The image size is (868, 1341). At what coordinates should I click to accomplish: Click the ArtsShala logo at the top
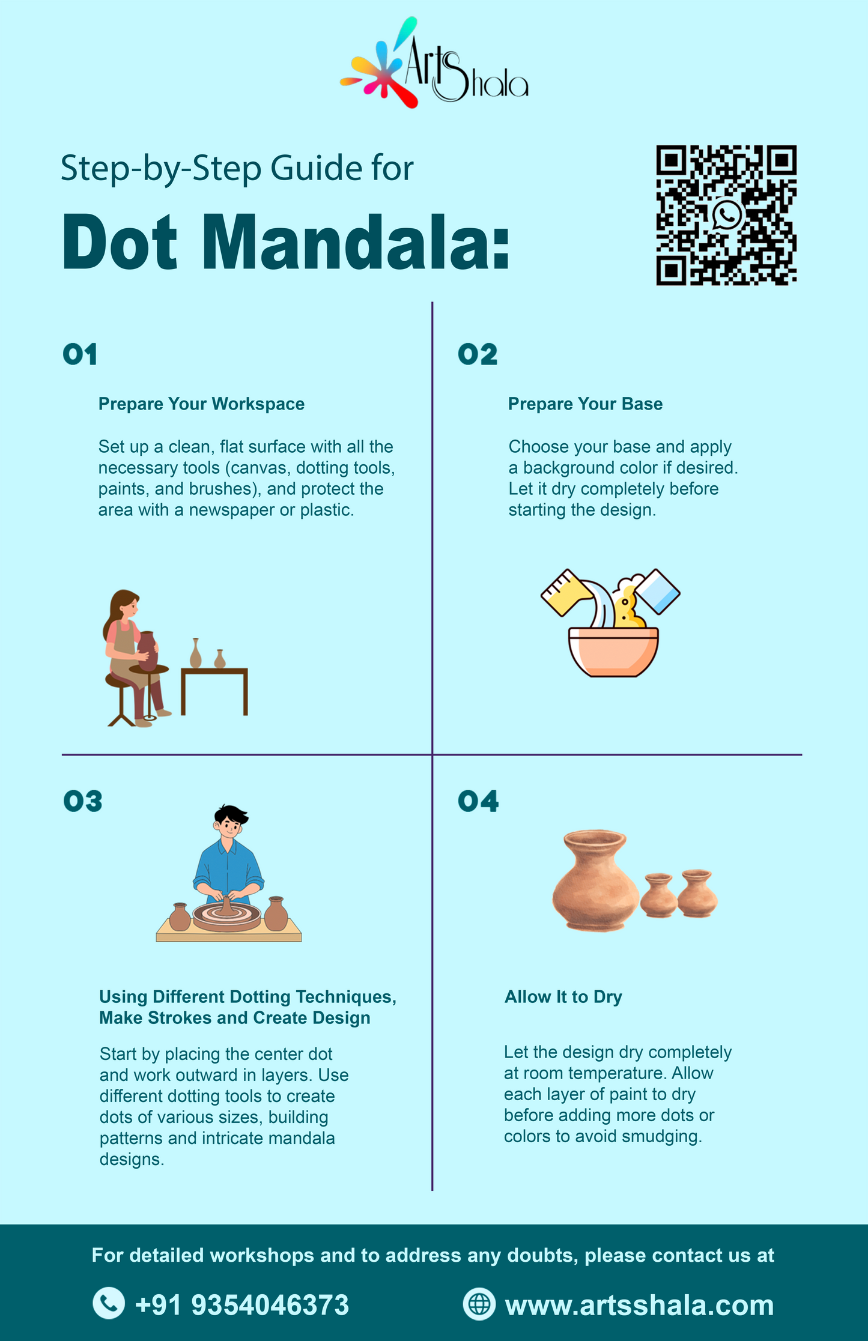point(434,62)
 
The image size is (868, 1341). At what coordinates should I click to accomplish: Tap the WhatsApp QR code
point(726,215)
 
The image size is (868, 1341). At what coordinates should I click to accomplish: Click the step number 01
point(80,354)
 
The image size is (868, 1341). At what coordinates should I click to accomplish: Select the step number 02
point(478,354)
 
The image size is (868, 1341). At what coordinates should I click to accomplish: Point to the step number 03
point(83,801)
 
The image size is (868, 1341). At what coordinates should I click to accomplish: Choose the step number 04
point(478,801)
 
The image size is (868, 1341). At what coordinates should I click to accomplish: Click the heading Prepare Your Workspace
point(201,404)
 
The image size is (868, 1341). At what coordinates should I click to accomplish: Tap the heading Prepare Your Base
point(585,404)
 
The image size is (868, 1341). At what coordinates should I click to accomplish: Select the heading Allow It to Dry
point(563,997)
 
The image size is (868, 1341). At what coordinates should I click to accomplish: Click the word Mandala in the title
point(355,242)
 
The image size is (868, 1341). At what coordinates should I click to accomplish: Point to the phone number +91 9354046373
point(242,1304)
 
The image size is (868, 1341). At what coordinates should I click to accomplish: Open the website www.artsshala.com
point(640,1305)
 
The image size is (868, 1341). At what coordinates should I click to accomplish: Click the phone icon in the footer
point(109,1303)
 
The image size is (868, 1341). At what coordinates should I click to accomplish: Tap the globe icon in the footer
point(479,1304)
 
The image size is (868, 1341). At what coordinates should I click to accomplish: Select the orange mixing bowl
point(613,652)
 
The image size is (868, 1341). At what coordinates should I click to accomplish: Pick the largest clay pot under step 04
point(595,880)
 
